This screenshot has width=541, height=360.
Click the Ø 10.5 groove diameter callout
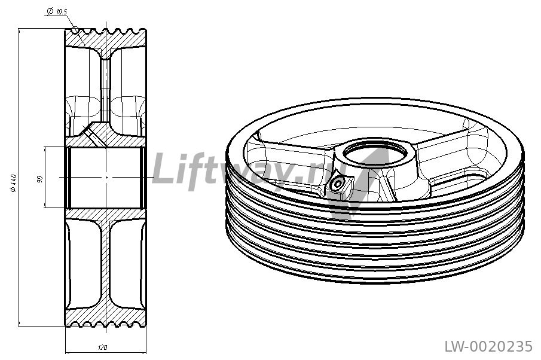click(57, 11)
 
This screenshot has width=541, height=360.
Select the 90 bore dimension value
click(39, 179)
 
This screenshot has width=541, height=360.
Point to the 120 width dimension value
click(102, 347)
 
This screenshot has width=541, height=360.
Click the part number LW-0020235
click(488, 346)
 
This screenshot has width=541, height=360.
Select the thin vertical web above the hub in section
click(106, 90)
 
